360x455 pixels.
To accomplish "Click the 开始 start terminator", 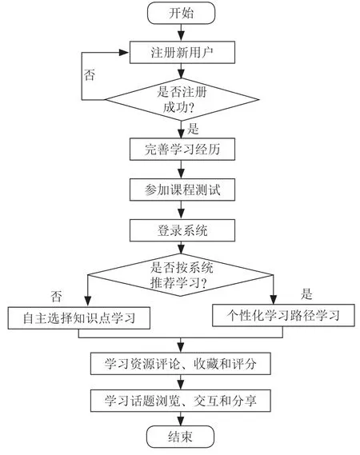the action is (x=181, y=13).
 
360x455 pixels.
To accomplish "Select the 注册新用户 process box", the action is (x=182, y=52).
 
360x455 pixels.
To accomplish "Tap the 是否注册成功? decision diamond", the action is (x=182, y=99).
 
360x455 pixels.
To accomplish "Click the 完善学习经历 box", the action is (x=182, y=150).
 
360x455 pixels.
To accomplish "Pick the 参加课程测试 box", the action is (x=182, y=190).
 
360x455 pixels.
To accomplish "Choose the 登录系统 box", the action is (x=182, y=230).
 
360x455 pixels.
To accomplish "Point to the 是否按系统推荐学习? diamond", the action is (x=180, y=275).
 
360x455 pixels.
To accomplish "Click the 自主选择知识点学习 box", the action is (x=79, y=318).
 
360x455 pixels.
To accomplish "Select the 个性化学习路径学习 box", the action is (x=283, y=315).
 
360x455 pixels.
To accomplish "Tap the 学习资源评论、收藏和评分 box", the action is (x=181, y=364).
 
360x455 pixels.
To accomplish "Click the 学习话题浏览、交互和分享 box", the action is (x=181, y=401).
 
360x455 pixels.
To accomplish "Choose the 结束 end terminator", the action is (x=180, y=437).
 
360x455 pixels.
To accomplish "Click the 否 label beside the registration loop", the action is (x=90, y=75).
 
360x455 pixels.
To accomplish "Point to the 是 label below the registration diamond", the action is (x=193, y=129).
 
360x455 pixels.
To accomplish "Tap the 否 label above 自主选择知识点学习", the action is (x=56, y=297).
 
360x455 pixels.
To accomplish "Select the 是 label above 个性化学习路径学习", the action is (x=306, y=294).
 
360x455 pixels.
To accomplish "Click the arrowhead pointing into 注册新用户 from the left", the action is (x=124, y=53).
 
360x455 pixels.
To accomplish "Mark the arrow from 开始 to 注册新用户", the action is (x=181, y=33).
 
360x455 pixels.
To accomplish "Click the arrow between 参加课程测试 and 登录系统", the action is (x=181, y=210).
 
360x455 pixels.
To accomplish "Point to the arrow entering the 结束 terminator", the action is (x=181, y=419).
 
